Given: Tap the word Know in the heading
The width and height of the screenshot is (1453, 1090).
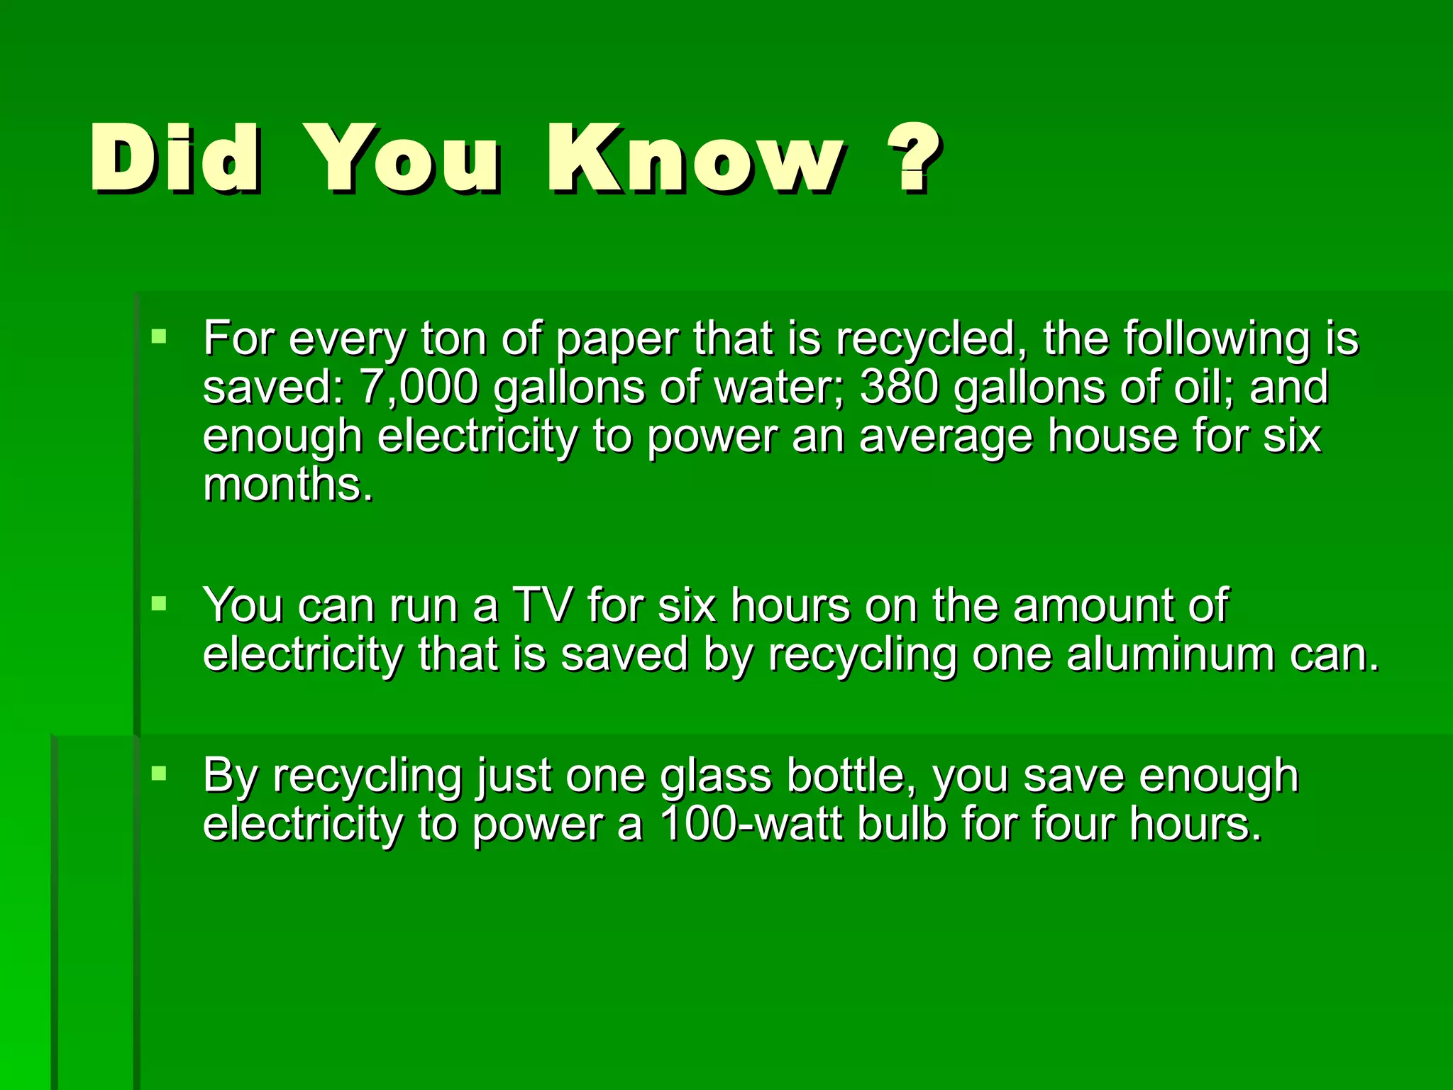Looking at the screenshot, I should (695, 158).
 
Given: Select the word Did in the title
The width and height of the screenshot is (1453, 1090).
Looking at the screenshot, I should (175, 158).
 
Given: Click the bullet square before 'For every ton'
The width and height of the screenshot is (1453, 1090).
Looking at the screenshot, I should (159, 336).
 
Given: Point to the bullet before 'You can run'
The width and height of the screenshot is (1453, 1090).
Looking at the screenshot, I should (159, 604).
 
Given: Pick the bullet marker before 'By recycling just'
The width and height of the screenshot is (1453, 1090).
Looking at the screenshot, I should (159, 773).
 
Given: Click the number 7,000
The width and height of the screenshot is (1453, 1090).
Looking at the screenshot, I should (419, 387).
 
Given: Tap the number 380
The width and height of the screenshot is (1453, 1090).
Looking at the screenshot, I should (900, 387).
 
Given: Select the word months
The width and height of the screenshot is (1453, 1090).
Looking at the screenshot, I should (287, 485).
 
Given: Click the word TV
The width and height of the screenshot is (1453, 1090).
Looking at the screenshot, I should (542, 606).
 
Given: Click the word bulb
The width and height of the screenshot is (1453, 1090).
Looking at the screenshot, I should (902, 825).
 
